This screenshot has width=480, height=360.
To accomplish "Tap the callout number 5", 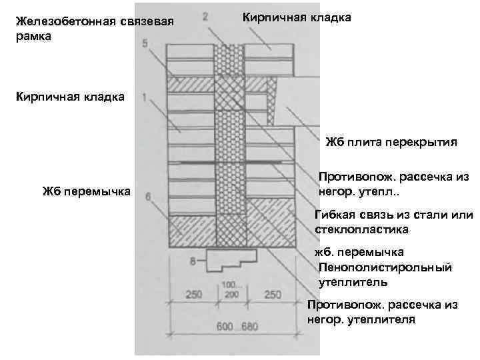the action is click(x=146, y=45).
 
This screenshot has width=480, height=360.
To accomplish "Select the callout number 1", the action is click(x=145, y=97).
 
